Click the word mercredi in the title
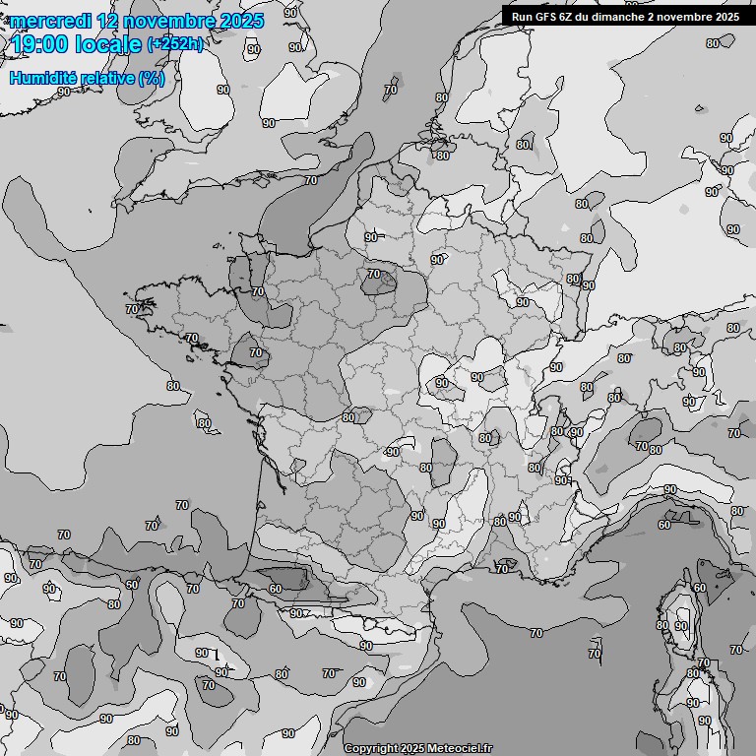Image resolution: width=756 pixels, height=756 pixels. tap(50, 21)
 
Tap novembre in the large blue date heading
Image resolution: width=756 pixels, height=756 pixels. tap(168, 21)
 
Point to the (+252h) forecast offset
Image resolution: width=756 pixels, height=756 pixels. tap(175, 44)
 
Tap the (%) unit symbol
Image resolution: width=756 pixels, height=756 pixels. tap(152, 78)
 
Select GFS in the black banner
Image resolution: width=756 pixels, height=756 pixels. tap(546, 17)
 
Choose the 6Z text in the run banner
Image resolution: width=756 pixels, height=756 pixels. tap(569, 17)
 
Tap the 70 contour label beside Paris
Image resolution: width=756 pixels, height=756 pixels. tap(373, 274)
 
